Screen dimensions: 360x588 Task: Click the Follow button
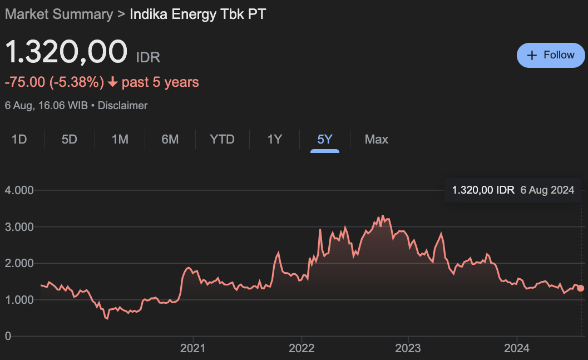pyautogui.click(x=551, y=55)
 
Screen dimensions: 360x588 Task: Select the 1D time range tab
pyautogui.click(x=19, y=139)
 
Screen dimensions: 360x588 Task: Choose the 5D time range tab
pyautogui.click(x=70, y=139)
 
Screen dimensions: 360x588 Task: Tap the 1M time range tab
pyautogui.click(x=120, y=139)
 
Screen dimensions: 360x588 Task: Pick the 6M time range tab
pyautogui.click(x=170, y=139)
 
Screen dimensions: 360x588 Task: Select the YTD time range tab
pyautogui.click(x=222, y=139)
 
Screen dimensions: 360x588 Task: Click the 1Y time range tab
pyautogui.click(x=275, y=139)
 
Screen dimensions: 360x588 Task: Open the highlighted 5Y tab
pyautogui.click(x=325, y=139)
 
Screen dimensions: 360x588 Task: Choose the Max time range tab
pyautogui.click(x=377, y=139)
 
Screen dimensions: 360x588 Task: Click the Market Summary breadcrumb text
pyautogui.click(x=58, y=14)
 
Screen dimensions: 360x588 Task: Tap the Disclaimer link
pyautogui.click(x=122, y=105)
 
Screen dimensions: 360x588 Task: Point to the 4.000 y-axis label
pyautogui.click(x=19, y=190)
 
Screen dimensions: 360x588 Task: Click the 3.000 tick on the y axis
pyautogui.click(x=19, y=227)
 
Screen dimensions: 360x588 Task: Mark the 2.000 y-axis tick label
pyautogui.click(x=19, y=263)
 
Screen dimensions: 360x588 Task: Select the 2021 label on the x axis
pyautogui.click(x=193, y=348)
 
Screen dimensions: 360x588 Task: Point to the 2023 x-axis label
pyautogui.click(x=408, y=348)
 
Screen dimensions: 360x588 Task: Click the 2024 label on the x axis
pyautogui.click(x=516, y=348)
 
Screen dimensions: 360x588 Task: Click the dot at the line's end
pyautogui.click(x=581, y=288)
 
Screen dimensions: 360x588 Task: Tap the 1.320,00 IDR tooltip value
pyautogui.click(x=483, y=190)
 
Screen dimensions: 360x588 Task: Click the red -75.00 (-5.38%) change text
pyautogui.click(x=55, y=82)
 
